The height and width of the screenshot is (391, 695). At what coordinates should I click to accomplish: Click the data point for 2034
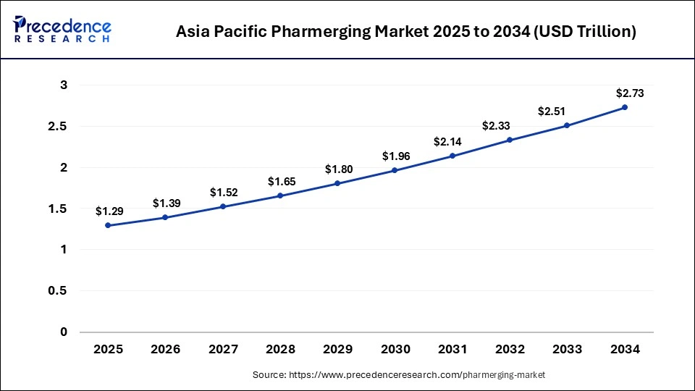[x=625, y=107]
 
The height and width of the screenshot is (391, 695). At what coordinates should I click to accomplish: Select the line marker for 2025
[x=108, y=225]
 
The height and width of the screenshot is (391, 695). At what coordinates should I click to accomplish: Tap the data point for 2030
[x=395, y=170]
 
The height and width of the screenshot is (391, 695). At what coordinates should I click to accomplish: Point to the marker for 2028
[x=280, y=195]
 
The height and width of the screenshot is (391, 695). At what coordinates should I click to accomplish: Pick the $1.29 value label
[x=109, y=211]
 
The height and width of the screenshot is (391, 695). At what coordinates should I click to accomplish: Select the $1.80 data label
[x=339, y=169]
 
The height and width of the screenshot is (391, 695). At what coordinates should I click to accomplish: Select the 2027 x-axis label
[x=223, y=350]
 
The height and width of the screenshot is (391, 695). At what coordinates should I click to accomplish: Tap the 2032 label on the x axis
[x=510, y=350]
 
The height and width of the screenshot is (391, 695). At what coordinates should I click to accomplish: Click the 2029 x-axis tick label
[x=337, y=350]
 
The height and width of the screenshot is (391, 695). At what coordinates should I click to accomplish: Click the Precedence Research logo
[x=62, y=29]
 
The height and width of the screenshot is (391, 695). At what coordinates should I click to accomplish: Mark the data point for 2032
[x=510, y=140]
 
